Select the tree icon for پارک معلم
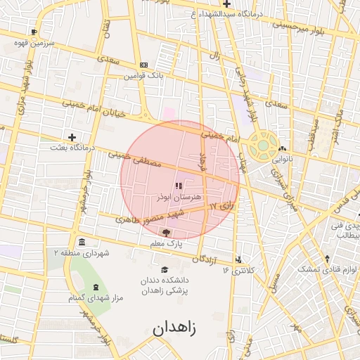166,232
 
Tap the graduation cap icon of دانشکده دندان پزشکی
165,270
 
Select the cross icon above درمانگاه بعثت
72,137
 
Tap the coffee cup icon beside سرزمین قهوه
34,32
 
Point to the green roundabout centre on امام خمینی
263,145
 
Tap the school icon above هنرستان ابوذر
179,186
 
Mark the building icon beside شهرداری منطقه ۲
82,242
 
